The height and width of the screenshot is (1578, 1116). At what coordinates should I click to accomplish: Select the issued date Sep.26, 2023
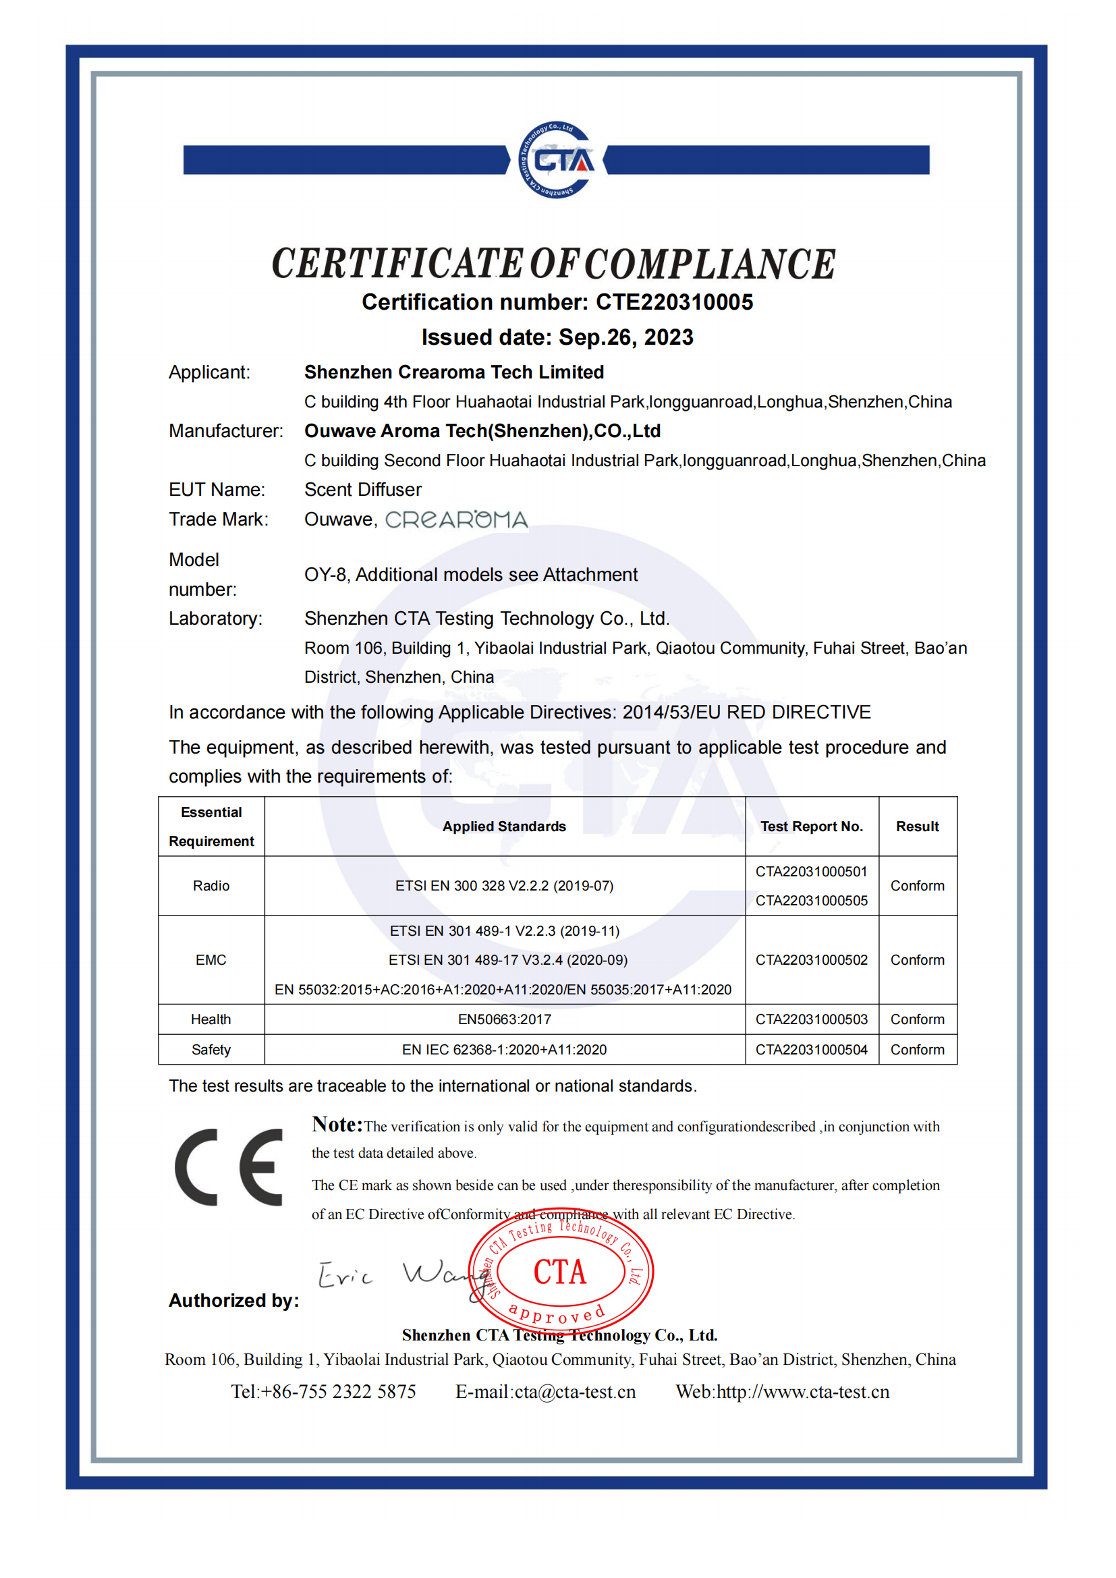coord(625,337)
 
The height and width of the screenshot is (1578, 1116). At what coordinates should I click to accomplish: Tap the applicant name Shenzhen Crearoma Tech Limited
coord(453,372)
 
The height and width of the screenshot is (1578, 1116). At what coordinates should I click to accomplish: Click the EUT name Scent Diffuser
coord(363,489)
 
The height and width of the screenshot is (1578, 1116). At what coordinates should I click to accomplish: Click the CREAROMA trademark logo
coord(456,519)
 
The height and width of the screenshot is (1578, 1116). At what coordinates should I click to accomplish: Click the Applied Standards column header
coord(504,826)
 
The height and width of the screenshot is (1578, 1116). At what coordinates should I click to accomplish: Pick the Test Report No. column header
coord(811,826)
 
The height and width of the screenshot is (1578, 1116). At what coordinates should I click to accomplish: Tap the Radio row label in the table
coord(211,886)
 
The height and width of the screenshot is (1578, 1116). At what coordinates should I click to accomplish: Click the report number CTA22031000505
coord(811,901)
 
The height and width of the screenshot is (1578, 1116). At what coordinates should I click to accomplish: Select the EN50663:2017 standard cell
coord(504,1019)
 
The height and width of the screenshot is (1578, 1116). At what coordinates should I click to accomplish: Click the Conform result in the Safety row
coord(917,1050)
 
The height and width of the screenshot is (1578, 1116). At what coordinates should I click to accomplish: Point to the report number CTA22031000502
coord(811,960)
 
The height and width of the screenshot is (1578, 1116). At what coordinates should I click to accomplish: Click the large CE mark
coord(229,1167)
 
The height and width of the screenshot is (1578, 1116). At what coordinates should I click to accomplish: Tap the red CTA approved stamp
coord(561,1272)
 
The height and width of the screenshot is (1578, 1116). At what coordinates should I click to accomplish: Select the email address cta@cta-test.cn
coord(574,1392)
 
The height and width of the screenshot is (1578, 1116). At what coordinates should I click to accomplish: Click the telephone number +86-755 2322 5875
coord(338,1392)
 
